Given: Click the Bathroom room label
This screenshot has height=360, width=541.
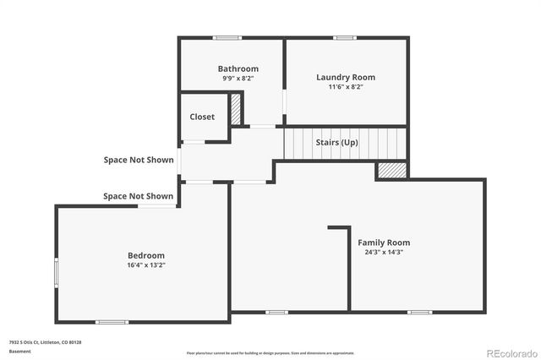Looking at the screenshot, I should coord(238,68).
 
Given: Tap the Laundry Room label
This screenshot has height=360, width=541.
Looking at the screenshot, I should coord(346,77).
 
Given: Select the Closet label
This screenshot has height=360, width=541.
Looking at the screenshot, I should coord(202,117).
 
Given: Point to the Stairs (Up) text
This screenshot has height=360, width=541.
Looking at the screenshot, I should coord(336,142).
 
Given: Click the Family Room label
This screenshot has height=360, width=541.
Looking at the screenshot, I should coord(384,243).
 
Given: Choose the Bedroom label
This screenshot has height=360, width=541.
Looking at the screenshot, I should coord(146,255).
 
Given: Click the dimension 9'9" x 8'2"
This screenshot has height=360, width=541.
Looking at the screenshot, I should coord(238,78).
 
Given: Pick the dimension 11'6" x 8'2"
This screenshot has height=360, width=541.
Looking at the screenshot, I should coord(346,86).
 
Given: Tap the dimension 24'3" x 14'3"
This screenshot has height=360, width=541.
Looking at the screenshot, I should coord(384,252).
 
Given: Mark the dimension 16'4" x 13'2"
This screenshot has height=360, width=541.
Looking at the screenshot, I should coord(146,265).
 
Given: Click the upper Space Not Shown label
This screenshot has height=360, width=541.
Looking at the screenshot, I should coord(139,160).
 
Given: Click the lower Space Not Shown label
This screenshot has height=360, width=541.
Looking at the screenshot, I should coord(139,196).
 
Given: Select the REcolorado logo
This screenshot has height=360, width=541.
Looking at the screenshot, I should coord(510,352).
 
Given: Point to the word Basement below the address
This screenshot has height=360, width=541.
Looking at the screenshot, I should coord(18,350).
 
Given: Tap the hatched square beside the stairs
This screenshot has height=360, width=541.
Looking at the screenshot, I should coord(391,170).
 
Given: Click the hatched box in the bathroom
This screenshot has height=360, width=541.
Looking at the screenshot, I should coord(236,110).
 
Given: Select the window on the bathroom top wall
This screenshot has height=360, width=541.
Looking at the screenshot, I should coord(227,37).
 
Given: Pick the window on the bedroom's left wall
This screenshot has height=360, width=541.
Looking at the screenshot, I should coord(57,272).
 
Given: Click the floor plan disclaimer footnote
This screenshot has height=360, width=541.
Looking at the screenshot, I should coord(270,352).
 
